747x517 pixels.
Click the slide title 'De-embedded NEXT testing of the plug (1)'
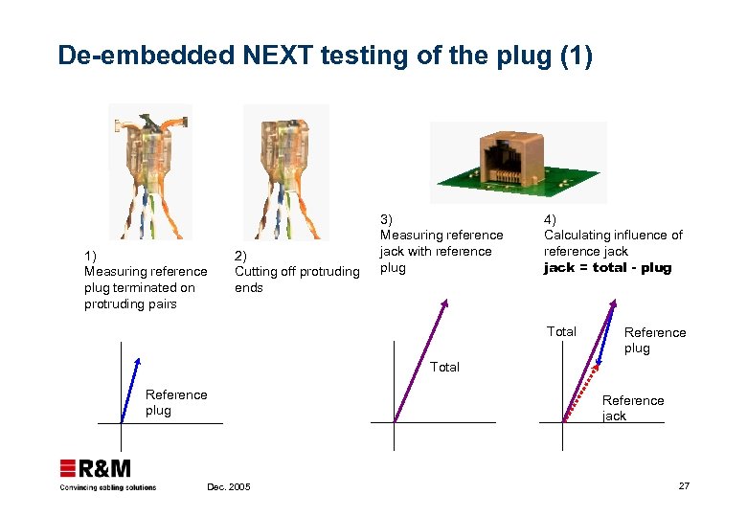325,56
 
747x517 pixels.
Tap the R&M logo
96,468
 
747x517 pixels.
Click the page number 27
683,486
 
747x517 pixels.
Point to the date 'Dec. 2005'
228,487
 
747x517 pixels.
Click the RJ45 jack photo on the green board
518,161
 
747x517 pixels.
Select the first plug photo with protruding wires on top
151,170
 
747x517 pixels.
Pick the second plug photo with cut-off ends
285,170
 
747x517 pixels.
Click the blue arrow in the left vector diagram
130,389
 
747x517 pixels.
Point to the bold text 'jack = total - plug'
607,268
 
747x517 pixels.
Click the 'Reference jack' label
632,408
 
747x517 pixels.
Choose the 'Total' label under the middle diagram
444,367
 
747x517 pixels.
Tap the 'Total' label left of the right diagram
561,331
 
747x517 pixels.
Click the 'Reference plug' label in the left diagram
176,402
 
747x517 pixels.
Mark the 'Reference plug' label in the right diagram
655,340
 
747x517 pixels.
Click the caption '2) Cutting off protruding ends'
296,271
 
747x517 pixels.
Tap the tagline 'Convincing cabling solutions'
107,487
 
